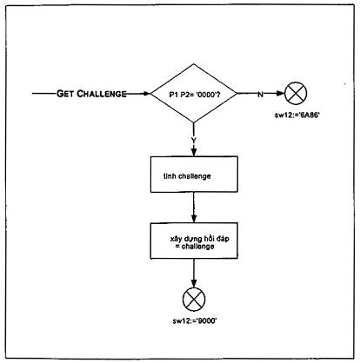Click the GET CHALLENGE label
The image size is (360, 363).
tap(91, 94)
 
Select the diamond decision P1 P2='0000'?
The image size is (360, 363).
tap(194, 94)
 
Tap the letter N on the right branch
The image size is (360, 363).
tap(260, 95)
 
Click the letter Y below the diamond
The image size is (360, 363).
tap(194, 141)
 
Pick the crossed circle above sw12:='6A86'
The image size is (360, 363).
tap(296, 94)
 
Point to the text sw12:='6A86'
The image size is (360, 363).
tap(297, 115)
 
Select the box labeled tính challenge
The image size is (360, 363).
tap(194, 175)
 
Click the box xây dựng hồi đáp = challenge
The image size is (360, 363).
tap(194, 241)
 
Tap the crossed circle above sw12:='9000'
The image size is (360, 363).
tap(194, 300)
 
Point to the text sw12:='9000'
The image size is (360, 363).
tap(195, 321)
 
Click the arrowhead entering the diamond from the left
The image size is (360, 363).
tap(147, 94)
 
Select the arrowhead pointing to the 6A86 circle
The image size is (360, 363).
tap(281, 94)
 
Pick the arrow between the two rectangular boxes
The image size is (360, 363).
tap(194, 208)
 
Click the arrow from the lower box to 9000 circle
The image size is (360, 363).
tap(194, 274)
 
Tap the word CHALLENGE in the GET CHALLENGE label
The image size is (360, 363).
tap(102, 94)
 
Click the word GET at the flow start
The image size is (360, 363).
tap(65, 94)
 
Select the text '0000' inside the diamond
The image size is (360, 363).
tap(205, 95)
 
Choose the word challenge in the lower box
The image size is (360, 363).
tap(198, 247)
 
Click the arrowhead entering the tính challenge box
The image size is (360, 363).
tap(194, 153)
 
